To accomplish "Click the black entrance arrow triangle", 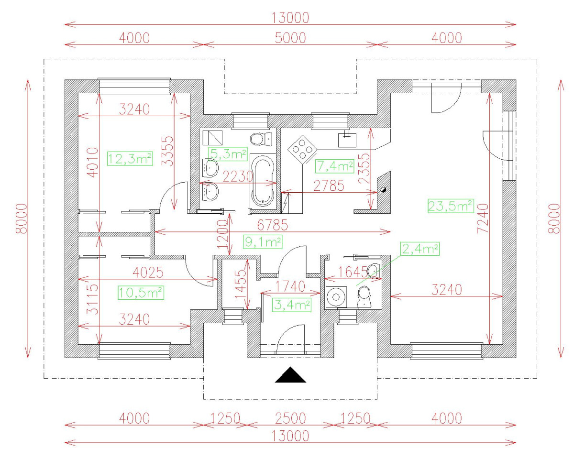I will [290, 375].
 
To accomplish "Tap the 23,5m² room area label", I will [450, 206].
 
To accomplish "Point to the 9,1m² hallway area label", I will [262, 242].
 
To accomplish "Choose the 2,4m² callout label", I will [420, 249].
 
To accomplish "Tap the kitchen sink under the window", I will [346, 139].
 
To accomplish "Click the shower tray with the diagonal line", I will [212, 138].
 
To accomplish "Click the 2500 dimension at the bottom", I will [290, 418].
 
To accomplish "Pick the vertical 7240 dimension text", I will [483, 219].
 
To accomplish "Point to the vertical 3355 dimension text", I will [167, 150].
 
